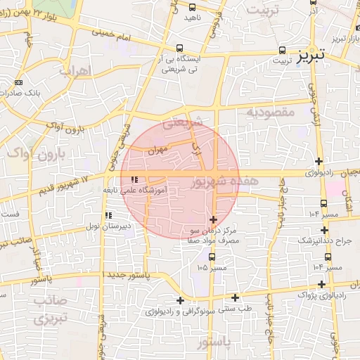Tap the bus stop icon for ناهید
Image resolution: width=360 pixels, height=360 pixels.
click(x=193, y=6)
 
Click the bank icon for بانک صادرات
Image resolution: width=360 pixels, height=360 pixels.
click(x=18, y=82)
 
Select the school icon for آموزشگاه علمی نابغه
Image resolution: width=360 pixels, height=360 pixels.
click(x=134, y=179)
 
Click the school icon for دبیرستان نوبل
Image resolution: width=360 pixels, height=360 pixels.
click(x=108, y=215)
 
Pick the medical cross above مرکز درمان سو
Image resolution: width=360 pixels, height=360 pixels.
click(x=214, y=219)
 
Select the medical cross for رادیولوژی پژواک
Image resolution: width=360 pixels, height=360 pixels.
click(x=323, y=284)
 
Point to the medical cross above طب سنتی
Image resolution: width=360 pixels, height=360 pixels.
click(x=235, y=297)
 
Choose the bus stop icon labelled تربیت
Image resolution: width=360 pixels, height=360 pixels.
click(x=282, y=51)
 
